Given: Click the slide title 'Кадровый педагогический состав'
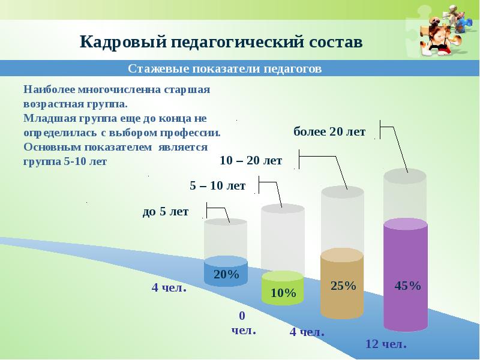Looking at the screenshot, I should click(221, 43).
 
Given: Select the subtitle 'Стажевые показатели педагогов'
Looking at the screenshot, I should click(225, 69).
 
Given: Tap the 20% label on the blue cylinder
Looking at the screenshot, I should click(226, 275).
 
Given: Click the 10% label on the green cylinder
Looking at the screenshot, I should click(283, 293).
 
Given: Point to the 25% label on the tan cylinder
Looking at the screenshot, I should click(343, 286).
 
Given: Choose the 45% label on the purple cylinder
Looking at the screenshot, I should click(407, 286).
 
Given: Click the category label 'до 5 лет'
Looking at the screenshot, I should click(165, 211).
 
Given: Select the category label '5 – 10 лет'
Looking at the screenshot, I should click(217, 186).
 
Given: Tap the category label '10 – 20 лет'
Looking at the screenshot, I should click(251, 160).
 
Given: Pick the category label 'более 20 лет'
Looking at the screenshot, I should click(329, 132).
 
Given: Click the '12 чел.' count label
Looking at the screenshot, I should click(386, 344).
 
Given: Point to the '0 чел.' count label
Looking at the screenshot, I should click(243, 323).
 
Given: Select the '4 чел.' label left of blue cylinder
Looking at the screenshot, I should click(169, 288).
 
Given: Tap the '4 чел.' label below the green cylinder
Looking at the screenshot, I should click(307, 332).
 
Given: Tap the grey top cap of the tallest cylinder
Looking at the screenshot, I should click(404, 175).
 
